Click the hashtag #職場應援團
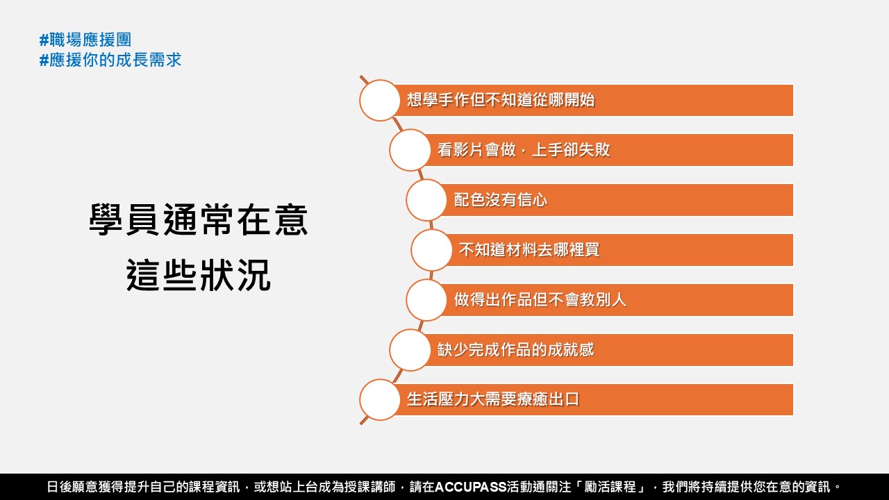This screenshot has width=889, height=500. coord(85,40)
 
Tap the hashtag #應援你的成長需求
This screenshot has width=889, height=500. coord(110,60)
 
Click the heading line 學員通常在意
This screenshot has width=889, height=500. coord(199,220)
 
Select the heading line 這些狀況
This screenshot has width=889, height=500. coord(199,276)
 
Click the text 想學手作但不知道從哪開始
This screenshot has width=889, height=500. coord(501,99)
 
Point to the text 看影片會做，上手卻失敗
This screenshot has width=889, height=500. coord(524,149)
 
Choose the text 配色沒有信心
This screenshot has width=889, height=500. coord(501,199)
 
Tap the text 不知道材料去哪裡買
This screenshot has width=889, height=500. coord(529,249)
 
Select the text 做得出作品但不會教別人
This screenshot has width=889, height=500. coord(540,299)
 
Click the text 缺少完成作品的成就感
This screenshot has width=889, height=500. coord(515,349)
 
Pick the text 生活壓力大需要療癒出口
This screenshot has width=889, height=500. coord(493,399)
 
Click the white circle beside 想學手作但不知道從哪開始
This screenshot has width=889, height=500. coord(380,101)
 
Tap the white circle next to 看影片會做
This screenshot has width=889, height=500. coord(410,150)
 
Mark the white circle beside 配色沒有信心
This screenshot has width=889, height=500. coord(426,200)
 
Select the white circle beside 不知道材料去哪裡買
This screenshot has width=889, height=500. coord(431,250)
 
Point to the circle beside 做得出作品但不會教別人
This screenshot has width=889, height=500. coord(426,300)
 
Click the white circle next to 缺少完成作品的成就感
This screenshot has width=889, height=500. coord(410,350)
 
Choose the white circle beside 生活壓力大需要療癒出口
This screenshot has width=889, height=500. coord(380,399)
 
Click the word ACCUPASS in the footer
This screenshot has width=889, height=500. coord(471,487)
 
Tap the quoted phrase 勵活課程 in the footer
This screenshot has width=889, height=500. coord(610,487)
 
